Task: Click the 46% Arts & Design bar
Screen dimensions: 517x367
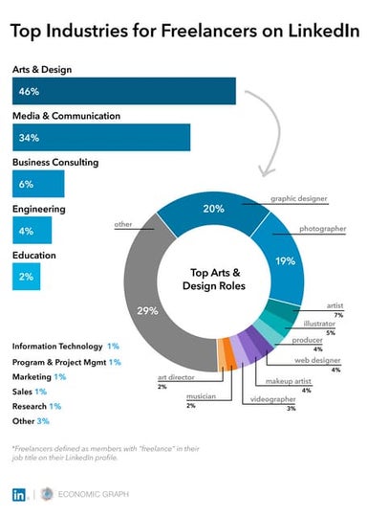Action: (123, 91)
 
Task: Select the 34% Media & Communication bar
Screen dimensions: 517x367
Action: (100, 137)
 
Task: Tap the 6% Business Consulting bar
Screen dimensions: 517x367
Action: (37, 183)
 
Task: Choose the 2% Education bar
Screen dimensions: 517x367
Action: (26, 276)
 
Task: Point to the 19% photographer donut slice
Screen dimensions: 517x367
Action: (285, 261)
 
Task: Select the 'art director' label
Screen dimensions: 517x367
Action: (174, 379)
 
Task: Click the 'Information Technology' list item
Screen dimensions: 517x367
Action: (57, 346)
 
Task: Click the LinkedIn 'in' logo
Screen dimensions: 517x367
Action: (20, 494)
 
